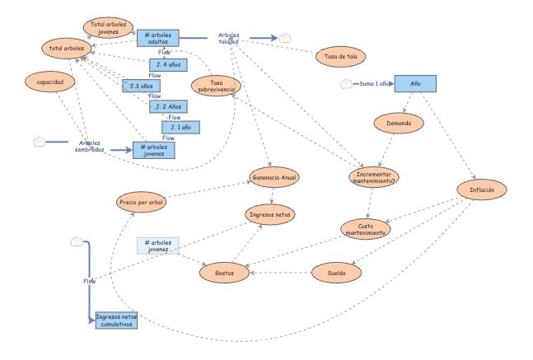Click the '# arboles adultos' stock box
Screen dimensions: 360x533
point(157,37)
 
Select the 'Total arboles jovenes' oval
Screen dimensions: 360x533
point(109,27)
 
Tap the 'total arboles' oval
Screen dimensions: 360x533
point(67,49)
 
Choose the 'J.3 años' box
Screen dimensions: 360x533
point(141,86)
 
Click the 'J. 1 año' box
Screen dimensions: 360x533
point(180,128)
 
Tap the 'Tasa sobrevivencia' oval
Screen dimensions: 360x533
point(217,86)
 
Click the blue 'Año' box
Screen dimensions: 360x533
point(415,84)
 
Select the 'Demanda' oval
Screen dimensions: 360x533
point(399,124)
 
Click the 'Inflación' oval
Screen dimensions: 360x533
point(482,189)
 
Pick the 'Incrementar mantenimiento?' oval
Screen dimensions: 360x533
point(372,177)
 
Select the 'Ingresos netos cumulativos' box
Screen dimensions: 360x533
point(116,320)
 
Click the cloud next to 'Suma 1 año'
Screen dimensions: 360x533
point(347,84)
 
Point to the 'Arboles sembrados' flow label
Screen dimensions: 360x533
point(90,145)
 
